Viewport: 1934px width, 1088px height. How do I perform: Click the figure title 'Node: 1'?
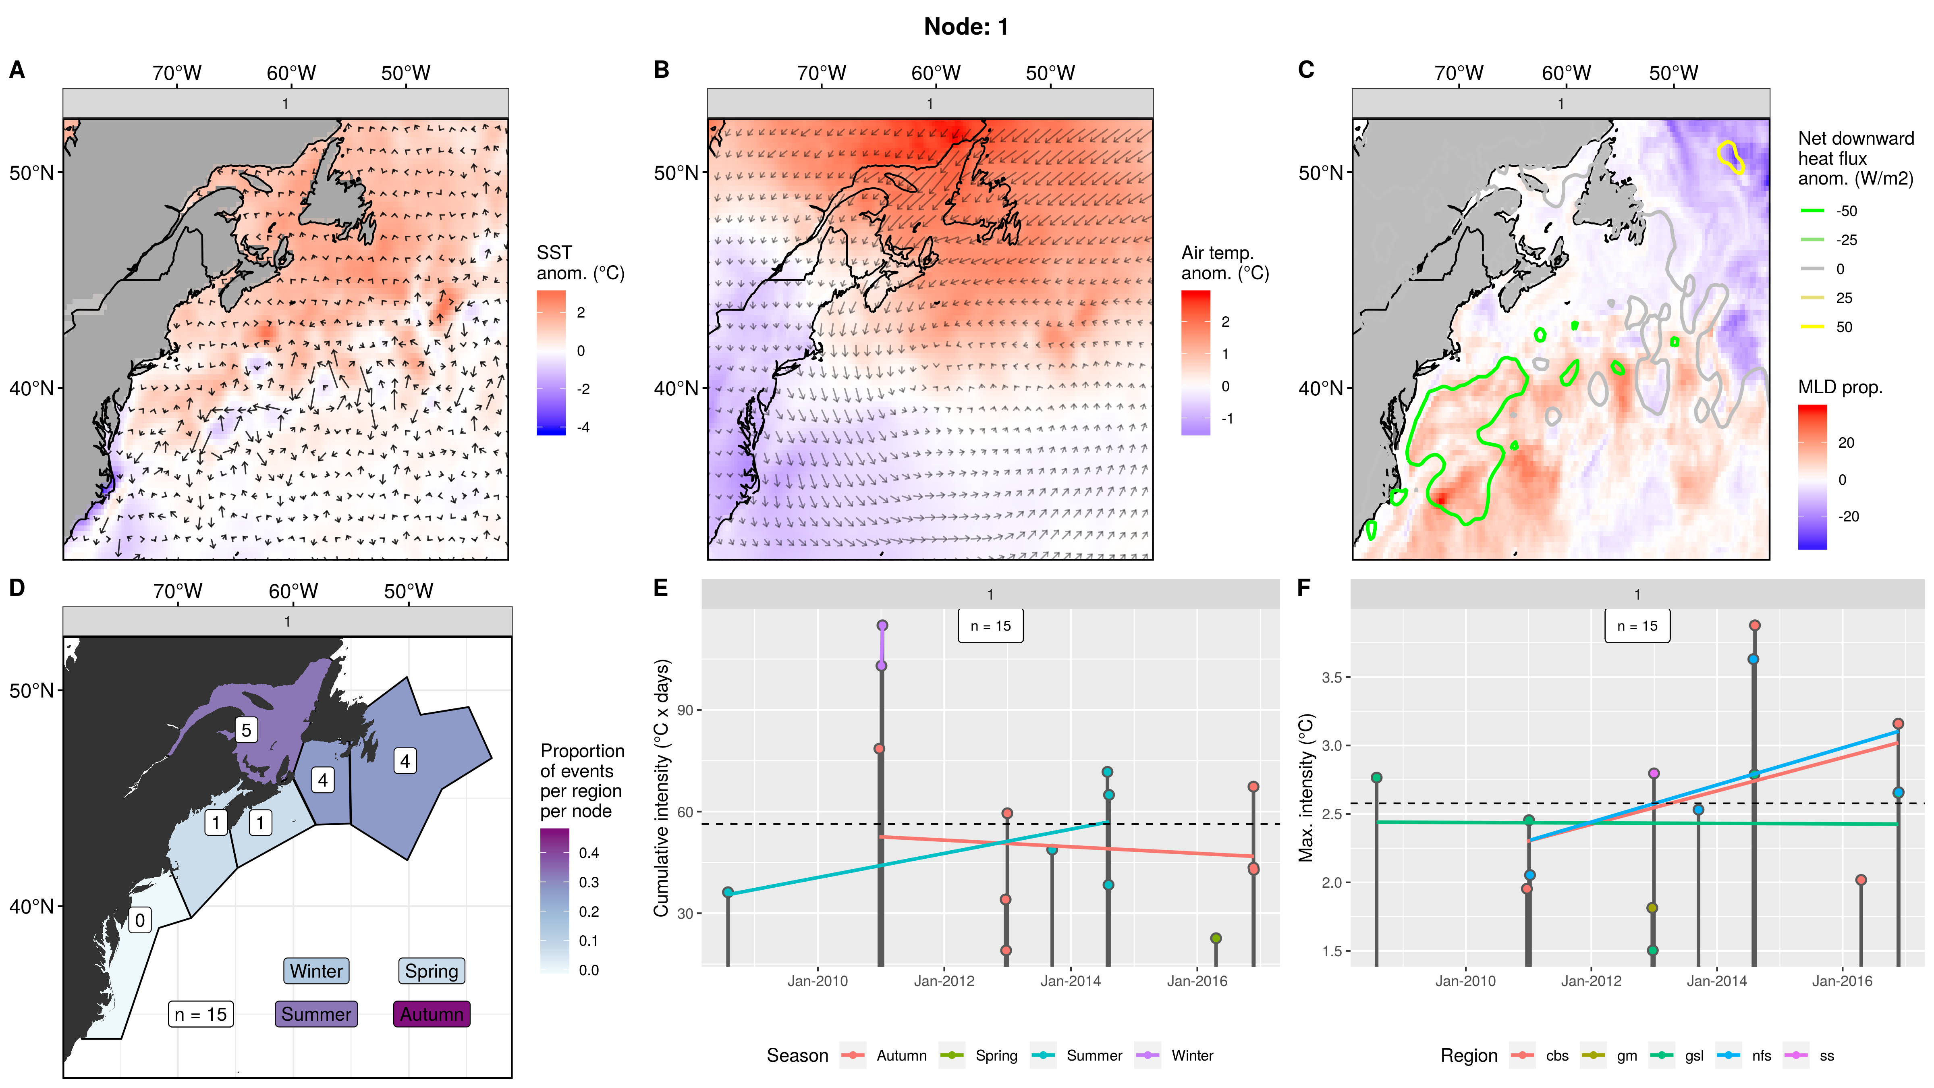pos(966,27)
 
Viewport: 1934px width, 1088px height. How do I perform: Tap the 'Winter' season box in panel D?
pos(316,971)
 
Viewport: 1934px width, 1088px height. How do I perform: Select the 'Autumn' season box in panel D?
pos(432,1014)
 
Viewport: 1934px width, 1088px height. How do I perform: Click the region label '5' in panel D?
pos(246,730)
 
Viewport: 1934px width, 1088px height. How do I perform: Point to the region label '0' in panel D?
pos(140,920)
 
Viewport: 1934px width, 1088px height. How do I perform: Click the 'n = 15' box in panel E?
pos(990,626)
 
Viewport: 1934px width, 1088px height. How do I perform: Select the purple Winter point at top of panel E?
pos(882,625)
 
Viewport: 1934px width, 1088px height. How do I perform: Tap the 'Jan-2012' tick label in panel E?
pos(944,981)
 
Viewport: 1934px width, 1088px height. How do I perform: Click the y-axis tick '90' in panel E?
pos(685,710)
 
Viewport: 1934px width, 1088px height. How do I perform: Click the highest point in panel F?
pos(1755,625)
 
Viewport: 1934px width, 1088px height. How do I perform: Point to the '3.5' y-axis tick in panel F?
pos(1331,677)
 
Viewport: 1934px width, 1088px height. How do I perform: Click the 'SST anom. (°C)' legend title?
pos(580,263)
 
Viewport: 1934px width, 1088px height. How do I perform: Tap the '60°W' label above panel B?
pos(936,73)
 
